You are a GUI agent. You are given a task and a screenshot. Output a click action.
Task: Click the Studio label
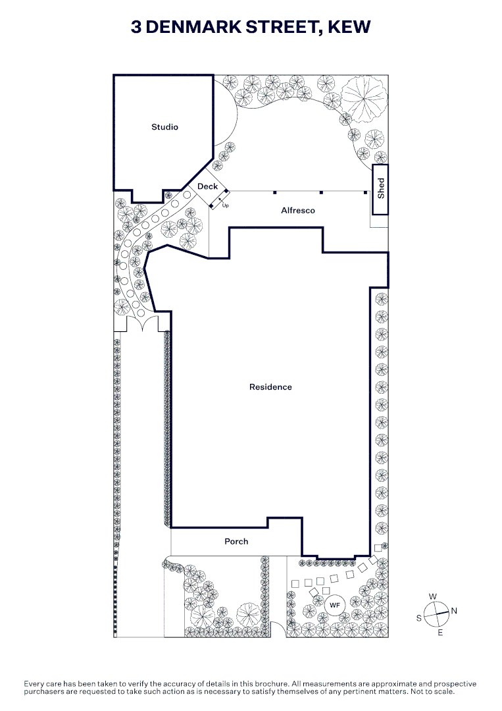pos(164,127)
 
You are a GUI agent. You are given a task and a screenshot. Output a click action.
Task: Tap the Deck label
pos(207,186)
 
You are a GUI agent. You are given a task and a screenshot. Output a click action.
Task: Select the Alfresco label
pos(297,211)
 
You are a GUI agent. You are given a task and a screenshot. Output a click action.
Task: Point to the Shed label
pos(381,188)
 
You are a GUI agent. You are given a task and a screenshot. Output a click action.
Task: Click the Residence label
pos(270,387)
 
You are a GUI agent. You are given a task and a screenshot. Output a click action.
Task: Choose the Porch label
pos(236,541)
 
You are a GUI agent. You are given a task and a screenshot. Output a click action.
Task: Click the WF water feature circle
pos(334,606)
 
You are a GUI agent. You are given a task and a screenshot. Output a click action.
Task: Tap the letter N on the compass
pos(454,611)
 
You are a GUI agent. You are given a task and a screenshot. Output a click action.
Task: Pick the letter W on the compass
pos(433,596)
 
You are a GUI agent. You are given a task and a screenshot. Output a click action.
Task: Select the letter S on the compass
pos(419,618)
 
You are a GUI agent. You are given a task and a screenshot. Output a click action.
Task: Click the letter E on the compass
pos(440,633)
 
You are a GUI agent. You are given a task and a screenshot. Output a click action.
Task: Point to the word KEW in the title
pos(349,27)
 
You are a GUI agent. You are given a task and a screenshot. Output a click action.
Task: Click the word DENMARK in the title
pos(193,27)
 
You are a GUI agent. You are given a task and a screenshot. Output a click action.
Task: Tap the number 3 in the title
pos(136,27)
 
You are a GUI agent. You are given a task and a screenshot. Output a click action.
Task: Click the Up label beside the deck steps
pos(225,205)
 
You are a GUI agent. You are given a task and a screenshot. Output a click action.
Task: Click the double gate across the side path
pos(141,323)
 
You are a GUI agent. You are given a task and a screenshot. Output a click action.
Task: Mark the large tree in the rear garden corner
pos(364,98)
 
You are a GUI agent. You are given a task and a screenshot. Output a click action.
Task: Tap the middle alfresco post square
pos(321,193)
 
